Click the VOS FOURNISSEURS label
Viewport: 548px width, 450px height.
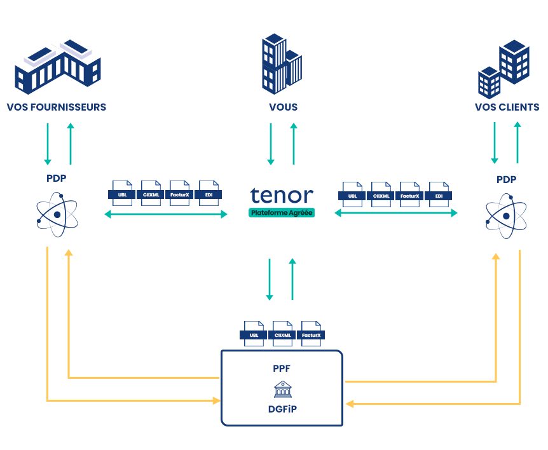[57, 107]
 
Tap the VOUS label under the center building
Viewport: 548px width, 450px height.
[283, 107]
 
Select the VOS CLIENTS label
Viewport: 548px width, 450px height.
[507, 107]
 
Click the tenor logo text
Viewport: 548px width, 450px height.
[282, 195]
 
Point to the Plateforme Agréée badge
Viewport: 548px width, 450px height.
[282, 213]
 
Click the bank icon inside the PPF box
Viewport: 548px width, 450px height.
[283, 389]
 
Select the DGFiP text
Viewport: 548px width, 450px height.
[282, 409]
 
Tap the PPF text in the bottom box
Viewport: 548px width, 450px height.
[282, 368]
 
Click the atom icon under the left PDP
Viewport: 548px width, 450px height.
[57, 215]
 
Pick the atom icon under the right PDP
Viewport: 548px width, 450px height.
[506, 215]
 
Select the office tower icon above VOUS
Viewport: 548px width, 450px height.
[282, 64]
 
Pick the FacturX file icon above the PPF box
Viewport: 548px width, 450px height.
[312, 333]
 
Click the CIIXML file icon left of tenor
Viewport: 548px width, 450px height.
[151, 193]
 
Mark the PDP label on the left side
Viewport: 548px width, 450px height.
[57, 180]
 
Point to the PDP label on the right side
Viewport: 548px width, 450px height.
[506, 180]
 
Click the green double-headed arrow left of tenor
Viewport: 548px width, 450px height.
[165, 214]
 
